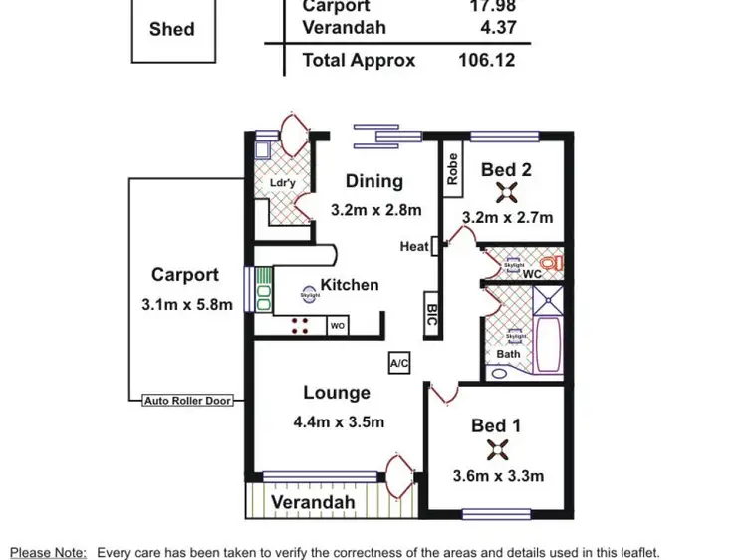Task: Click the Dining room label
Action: coord(373,181)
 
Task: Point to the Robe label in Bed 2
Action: coord(453,169)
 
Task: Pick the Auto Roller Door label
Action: coord(187,401)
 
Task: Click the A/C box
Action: coord(400,363)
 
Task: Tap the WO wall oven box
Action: coord(338,325)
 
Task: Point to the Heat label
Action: coord(413,247)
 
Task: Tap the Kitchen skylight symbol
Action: coord(310,295)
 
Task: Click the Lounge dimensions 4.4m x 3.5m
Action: coord(339,421)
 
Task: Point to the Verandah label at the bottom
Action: coord(313,502)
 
